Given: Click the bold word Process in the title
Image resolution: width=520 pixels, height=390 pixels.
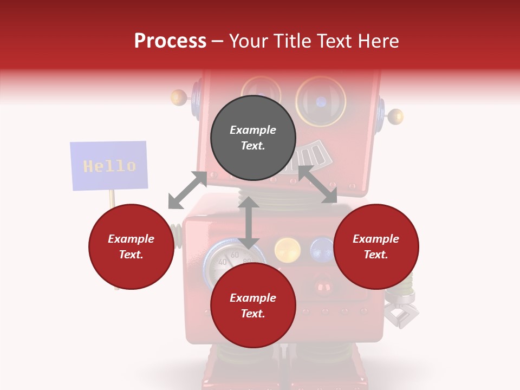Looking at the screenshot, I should tap(170, 41).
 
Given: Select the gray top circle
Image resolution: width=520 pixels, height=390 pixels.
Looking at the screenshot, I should tap(253, 138).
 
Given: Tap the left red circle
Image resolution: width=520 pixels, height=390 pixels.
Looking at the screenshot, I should tap(131, 246).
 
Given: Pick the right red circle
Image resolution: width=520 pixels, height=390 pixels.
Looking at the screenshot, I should tap(376, 246).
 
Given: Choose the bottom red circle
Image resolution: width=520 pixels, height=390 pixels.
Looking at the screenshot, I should tap(253, 305).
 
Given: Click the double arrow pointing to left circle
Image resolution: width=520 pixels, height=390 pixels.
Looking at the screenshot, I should tap(187, 190).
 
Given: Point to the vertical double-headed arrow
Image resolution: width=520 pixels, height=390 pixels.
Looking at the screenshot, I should tap(249, 223).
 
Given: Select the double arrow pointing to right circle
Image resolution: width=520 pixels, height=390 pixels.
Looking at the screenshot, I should tap(318, 185).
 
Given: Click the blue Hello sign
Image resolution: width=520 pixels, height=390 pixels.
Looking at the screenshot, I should tap(109, 166).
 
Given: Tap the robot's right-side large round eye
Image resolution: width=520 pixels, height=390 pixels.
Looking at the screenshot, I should tap(321, 101).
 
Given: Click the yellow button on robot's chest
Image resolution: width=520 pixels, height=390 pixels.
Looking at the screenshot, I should tap(288, 250).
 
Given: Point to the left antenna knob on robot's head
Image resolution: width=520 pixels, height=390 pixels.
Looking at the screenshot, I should tap(179, 97).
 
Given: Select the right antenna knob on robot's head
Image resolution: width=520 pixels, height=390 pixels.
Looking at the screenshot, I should tap(396, 116).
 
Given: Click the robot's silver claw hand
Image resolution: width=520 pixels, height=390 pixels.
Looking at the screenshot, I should tap(401, 311).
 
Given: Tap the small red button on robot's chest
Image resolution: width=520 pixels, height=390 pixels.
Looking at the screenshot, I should tap(324, 285).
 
